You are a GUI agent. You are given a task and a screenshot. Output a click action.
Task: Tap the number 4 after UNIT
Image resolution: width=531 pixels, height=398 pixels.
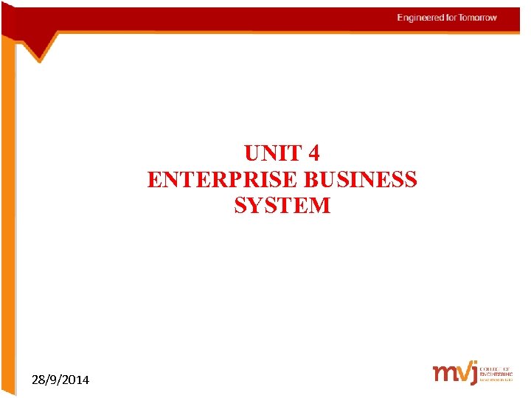tap(314, 153)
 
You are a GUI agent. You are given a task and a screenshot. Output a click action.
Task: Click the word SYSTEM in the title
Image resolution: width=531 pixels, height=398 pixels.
tap(282, 205)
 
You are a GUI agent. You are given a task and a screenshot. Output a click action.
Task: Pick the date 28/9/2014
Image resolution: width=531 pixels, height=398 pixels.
tap(60, 380)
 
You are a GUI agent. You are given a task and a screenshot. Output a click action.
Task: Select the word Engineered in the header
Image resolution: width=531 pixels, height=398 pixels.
tap(420, 18)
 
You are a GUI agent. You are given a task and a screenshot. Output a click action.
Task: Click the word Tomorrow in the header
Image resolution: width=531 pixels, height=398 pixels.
tap(478, 18)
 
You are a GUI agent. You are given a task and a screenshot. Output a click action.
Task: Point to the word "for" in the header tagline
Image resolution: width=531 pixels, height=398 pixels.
tap(451, 18)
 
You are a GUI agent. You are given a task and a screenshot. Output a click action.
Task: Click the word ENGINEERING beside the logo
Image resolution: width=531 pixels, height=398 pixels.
tap(495, 374)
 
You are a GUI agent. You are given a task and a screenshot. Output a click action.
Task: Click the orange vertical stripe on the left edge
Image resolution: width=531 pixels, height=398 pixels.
tap(7, 221)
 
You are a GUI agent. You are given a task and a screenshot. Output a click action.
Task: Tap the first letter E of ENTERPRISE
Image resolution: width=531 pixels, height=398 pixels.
tap(153, 179)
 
